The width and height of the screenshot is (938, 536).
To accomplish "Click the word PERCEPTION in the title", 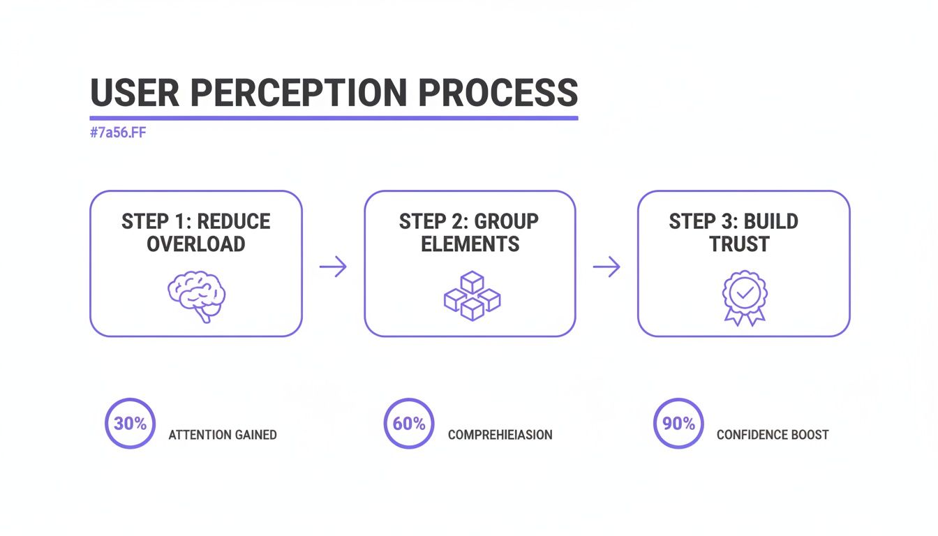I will tap(308, 93).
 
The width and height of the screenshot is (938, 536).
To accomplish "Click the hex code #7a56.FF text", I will tap(118, 133).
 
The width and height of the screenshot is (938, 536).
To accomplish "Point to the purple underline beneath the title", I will tap(334, 118).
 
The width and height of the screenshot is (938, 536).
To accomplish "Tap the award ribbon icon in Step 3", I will tap(744, 297).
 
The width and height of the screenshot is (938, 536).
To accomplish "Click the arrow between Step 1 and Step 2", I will tap(333, 266).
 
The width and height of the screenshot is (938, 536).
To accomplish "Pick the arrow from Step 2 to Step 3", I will tap(606, 266).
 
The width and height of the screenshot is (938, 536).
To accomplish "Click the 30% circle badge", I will tap(130, 424).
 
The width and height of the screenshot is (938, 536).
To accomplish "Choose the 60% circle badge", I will tap(409, 424).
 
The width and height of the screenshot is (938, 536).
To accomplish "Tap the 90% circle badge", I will tap(678, 424).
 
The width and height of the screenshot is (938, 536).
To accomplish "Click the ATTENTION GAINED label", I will tap(223, 435).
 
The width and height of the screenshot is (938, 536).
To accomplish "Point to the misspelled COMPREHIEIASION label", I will tap(500, 435).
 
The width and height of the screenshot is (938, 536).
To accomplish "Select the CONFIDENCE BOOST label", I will tap(773, 435).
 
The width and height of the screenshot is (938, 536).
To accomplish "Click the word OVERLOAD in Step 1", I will tap(196, 244).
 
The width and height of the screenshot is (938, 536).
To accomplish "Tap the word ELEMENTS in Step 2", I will tap(470, 244).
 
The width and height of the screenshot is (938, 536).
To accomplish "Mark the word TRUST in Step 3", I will tap(739, 244).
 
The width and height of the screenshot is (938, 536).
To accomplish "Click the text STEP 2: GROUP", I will tap(469, 222).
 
